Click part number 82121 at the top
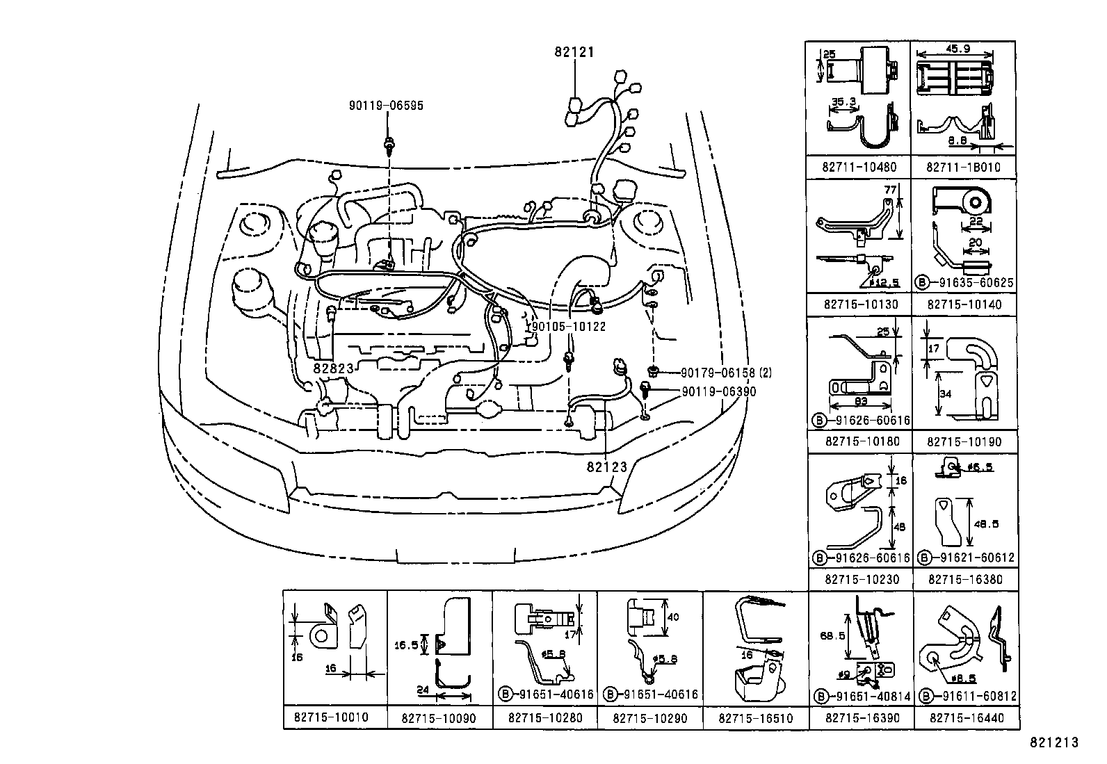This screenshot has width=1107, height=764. point(574,51)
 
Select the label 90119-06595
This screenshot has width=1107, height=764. point(386,106)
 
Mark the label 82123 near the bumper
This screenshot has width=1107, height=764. point(606,467)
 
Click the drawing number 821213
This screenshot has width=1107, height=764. point(1053,742)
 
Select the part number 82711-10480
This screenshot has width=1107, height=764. point(859,167)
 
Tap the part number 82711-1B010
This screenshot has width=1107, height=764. point(964,167)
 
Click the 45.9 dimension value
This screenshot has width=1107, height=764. point(957,49)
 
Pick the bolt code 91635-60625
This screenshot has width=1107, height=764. point(971,283)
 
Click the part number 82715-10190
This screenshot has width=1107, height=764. point(964,441)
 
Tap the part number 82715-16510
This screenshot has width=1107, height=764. point(755,717)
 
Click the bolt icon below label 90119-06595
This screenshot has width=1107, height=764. point(389,145)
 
